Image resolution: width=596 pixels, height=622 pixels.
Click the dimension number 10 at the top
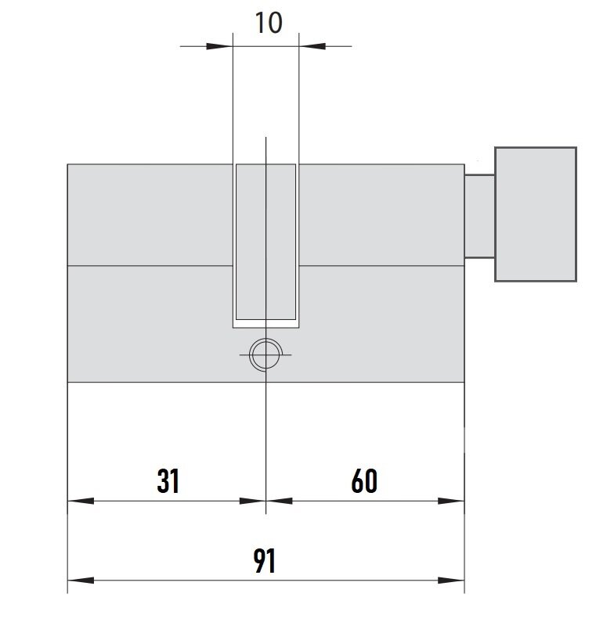tap(269, 23)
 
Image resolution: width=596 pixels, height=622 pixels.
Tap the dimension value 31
tap(168, 481)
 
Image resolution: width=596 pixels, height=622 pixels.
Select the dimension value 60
tap(364, 481)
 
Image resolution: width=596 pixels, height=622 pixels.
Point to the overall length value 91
tap(265, 560)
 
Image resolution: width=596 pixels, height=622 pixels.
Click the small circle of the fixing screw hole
tap(265, 340)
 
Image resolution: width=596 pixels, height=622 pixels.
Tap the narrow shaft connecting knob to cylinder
tap(479, 216)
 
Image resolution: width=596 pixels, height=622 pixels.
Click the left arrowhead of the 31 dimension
tap(81, 501)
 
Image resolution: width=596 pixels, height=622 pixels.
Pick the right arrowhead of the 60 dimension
tap(451, 501)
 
